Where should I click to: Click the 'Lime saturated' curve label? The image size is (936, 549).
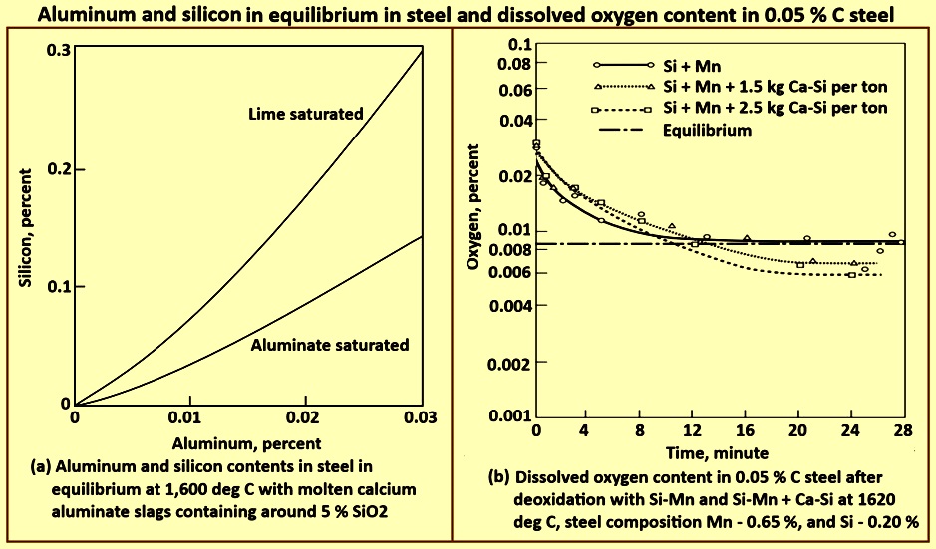tap(305, 114)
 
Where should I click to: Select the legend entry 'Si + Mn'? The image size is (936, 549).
tap(683, 64)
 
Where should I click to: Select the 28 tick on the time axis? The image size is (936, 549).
tap(904, 430)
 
